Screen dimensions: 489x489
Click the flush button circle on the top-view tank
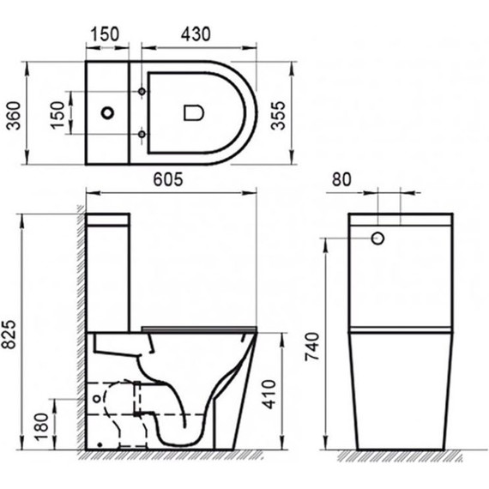[x=108, y=112]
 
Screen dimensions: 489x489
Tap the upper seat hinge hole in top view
[x=141, y=90]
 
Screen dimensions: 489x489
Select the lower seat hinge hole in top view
[x=141, y=134]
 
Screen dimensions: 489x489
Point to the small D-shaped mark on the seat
[x=192, y=112]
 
